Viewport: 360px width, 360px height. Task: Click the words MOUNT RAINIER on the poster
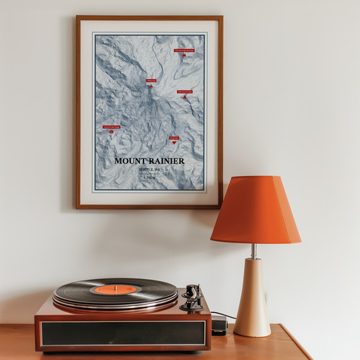(x=150, y=161)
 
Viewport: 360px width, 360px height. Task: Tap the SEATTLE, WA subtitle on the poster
(x=149, y=169)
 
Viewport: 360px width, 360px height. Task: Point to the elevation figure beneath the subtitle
(x=149, y=178)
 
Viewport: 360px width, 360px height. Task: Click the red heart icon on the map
(x=174, y=142)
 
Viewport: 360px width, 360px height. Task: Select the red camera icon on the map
(x=111, y=131)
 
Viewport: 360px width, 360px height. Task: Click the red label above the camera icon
(x=111, y=127)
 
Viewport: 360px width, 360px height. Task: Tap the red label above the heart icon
(x=174, y=138)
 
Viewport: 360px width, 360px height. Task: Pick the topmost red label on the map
(x=184, y=51)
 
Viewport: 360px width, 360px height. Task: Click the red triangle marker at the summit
(x=150, y=86)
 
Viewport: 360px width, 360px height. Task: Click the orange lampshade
(x=255, y=210)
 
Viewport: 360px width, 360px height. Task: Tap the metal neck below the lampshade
(x=254, y=251)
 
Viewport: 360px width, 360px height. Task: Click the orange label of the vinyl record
(x=115, y=289)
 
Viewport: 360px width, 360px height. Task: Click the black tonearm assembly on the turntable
(x=191, y=297)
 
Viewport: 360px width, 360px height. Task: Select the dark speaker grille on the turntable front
(x=122, y=333)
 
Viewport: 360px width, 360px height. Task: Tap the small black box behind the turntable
(x=219, y=325)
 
